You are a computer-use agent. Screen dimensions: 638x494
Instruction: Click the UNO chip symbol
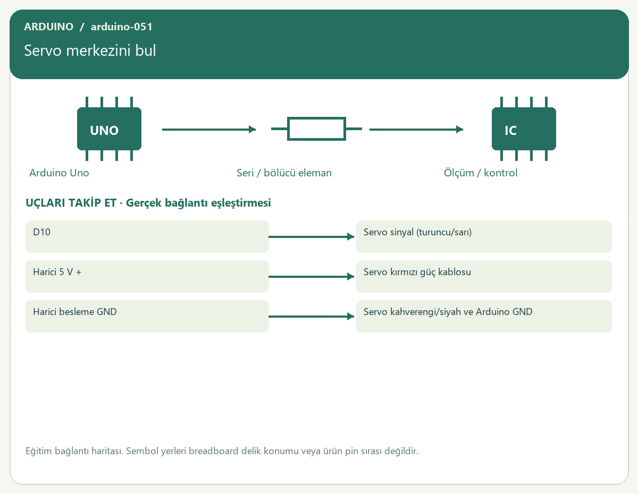coord(109,129)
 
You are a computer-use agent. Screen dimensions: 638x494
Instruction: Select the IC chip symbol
coord(524,129)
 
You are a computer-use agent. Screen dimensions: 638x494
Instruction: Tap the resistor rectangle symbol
coord(316,129)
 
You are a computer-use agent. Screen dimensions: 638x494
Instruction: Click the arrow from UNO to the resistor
coord(209,130)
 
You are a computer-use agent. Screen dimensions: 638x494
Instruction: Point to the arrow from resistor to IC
coord(416,130)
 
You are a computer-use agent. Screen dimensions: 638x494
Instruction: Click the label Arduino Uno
coord(59,173)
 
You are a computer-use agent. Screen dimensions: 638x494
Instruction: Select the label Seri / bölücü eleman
coord(284,173)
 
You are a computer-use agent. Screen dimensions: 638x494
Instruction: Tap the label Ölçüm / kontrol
coord(480,173)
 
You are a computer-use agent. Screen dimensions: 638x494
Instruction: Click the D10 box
coord(147,236)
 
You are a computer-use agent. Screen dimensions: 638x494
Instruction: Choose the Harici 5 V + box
coord(147,276)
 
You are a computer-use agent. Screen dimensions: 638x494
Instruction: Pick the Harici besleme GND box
coord(147,316)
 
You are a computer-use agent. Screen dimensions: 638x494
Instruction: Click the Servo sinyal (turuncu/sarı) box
coord(484,236)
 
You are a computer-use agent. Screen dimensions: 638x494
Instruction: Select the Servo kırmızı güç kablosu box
coord(484,276)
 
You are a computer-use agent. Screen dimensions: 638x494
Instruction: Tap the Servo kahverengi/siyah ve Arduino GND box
coord(484,316)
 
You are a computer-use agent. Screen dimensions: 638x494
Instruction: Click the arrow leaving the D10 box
coord(312,237)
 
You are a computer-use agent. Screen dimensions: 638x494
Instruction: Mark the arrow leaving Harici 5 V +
coord(312,277)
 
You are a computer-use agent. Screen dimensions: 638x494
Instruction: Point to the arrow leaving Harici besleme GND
coord(312,317)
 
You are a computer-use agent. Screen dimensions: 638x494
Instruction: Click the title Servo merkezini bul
coord(90,50)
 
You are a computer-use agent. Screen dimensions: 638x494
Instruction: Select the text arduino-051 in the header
coord(122,27)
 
